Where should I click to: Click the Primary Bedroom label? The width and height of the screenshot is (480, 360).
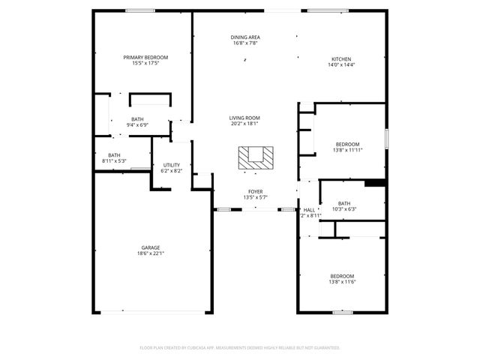click(145, 57)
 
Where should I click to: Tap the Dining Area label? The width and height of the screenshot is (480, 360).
click(245, 37)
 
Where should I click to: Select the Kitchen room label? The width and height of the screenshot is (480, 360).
click(341, 59)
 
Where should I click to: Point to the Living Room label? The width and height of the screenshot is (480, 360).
click(244, 118)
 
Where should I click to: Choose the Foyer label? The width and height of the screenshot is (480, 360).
click(256, 191)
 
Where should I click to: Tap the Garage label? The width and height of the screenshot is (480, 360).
click(151, 247)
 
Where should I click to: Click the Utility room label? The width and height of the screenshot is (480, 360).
click(172, 164)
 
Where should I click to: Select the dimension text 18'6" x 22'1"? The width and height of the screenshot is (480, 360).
click(151, 253)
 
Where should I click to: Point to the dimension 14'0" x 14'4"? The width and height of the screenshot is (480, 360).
click(341, 65)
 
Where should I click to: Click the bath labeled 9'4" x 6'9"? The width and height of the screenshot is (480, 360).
click(137, 119)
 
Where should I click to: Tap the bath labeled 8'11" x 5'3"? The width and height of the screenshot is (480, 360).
click(113, 155)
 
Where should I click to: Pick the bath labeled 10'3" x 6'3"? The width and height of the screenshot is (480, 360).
click(343, 203)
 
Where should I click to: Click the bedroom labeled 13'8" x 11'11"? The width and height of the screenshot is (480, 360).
click(347, 144)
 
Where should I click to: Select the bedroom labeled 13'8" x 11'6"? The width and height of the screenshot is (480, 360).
click(342, 276)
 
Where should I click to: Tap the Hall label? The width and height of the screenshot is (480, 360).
click(310, 210)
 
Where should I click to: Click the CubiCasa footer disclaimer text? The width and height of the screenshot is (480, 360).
click(240, 347)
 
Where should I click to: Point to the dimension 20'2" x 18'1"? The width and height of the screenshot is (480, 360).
click(244, 124)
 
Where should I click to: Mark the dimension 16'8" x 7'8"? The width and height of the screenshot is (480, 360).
click(245, 43)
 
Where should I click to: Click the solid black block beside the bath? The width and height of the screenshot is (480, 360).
click(374, 182)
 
